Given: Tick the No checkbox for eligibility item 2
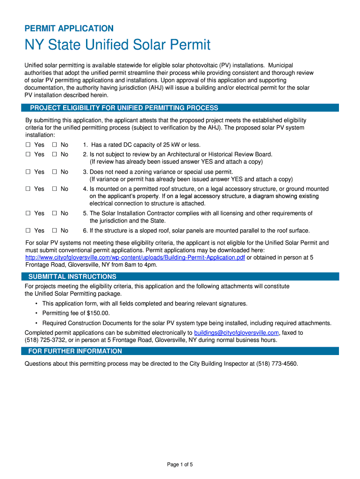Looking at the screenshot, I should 54,154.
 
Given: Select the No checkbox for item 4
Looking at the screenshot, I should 54,189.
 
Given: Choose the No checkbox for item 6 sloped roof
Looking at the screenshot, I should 54,231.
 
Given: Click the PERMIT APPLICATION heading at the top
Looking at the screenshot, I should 69,29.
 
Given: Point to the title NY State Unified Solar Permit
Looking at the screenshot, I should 117,45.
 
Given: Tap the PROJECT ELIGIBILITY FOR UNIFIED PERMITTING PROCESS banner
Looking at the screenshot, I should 124,108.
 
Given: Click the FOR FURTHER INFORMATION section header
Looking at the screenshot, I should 75,351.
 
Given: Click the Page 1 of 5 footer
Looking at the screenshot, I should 180,464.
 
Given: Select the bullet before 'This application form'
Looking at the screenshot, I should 36,304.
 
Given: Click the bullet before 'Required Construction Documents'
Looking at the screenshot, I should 36,323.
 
